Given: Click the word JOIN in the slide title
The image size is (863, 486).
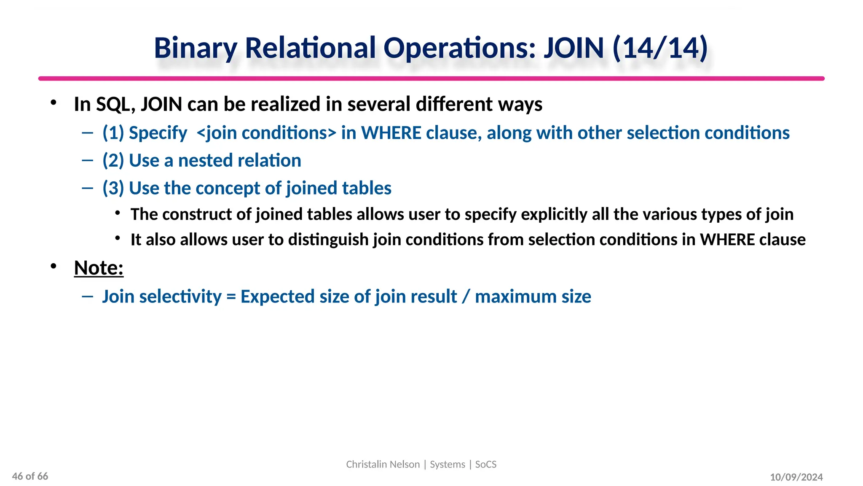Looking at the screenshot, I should tap(574, 48).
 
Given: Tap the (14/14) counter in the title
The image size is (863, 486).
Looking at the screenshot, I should tap(660, 48).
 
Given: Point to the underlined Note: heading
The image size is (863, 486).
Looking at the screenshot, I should tap(99, 267).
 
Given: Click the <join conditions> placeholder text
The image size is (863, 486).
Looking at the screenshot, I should tap(266, 133).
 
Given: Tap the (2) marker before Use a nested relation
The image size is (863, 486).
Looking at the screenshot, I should tap(113, 161).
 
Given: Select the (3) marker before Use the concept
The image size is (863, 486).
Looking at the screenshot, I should tap(113, 188).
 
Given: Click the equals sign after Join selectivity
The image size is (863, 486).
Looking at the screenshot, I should tap(231, 297).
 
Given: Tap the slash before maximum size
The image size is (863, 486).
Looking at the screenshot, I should tap(466, 297).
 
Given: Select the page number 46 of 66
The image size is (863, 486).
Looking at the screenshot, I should tap(30, 476).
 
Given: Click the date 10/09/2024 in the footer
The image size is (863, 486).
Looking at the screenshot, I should tap(796, 477).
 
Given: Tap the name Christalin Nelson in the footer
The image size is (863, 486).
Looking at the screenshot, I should tap(383, 464).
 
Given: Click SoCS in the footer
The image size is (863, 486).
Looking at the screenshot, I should tap(486, 464).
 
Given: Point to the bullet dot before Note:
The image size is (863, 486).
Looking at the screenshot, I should tap(53, 266).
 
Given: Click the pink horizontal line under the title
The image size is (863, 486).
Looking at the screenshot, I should tap(431, 78).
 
